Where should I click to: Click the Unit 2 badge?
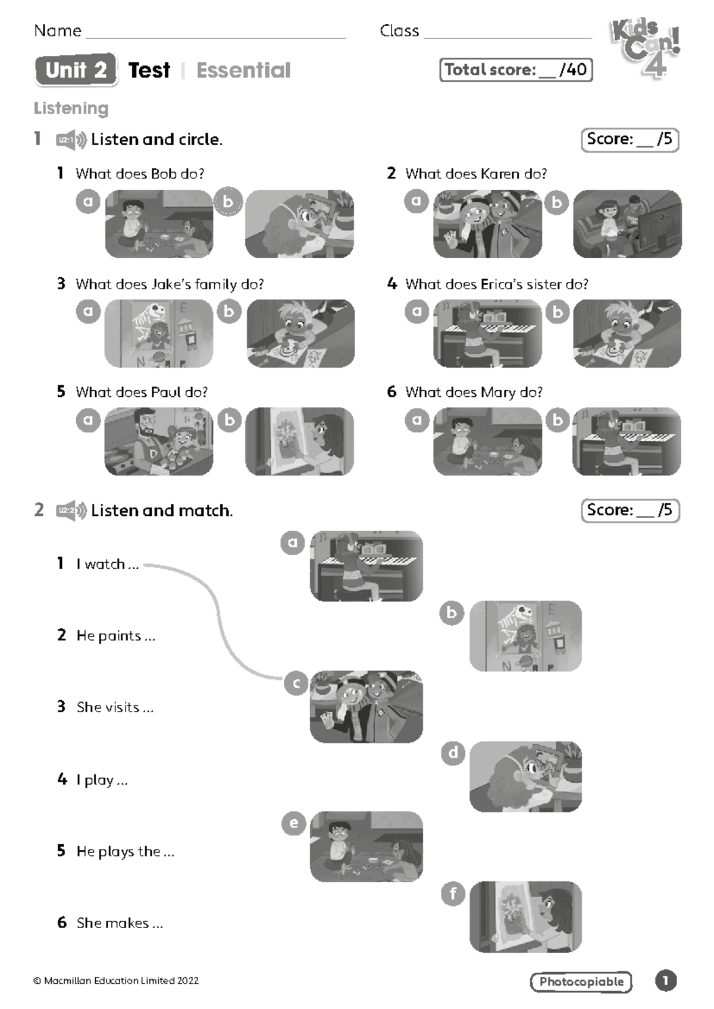pyautogui.click(x=76, y=70)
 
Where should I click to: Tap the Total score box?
pyautogui.click(x=516, y=70)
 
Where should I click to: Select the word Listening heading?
pyautogui.click(x=71, y=108)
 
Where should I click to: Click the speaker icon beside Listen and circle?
pyautogui.click(x=71, y=140)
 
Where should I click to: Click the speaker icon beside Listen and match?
pyautogui.click(x=71, y=511)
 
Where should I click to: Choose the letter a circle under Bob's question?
pyautogui.click(x=88, y=201)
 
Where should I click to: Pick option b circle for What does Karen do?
pyautogui.click(x=557, y=203)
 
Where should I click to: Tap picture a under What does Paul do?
pyautogui.click(x=158, y=441)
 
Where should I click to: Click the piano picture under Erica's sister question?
pyautogui.click(x=487, y=333)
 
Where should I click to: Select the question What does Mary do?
pyautogui.click(x=474, y=392)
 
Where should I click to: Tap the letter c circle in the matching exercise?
pyautogui.click(x=296, y=684)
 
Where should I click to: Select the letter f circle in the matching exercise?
pyautogui.click(x=453, y=893)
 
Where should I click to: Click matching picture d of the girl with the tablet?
pyautogui.click(x=525, y=776)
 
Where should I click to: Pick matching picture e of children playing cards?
pyautogui.click(x=367, y=847)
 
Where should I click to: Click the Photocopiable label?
pyautogui.click(x=581, y=982)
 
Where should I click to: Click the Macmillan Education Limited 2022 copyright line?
pyautogui.click(x=116, y=980)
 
